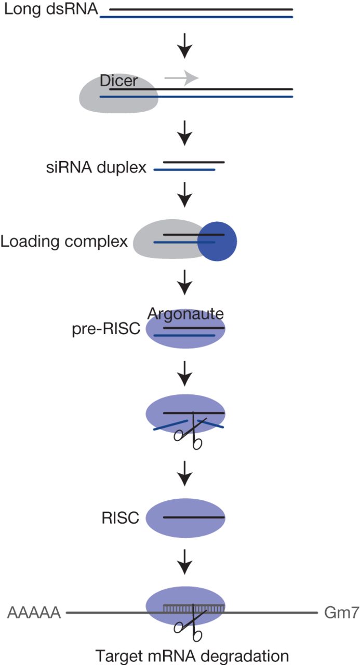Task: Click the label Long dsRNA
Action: pyautogui.click(x=50, y=9)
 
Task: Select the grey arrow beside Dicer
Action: pyautogui.click(x=181, y=78)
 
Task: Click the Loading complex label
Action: pyautogui.click(x=64, y=242)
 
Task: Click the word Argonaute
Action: pyautogui.click(x=185, y=313)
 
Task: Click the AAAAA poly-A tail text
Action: pyautogui.click(x=34, y=613)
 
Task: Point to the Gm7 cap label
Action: pyautogui.click(x=340, y=613)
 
